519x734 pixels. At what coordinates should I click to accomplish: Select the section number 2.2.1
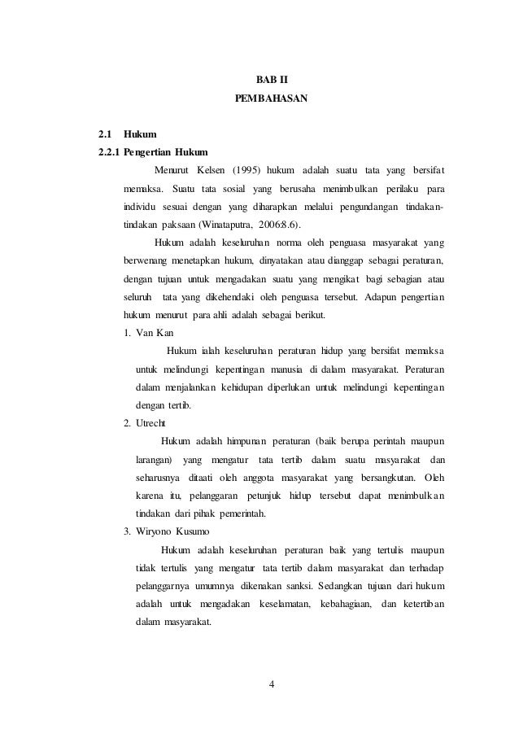pos(108,152)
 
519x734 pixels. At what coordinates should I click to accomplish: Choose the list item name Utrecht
pos(153,422)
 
